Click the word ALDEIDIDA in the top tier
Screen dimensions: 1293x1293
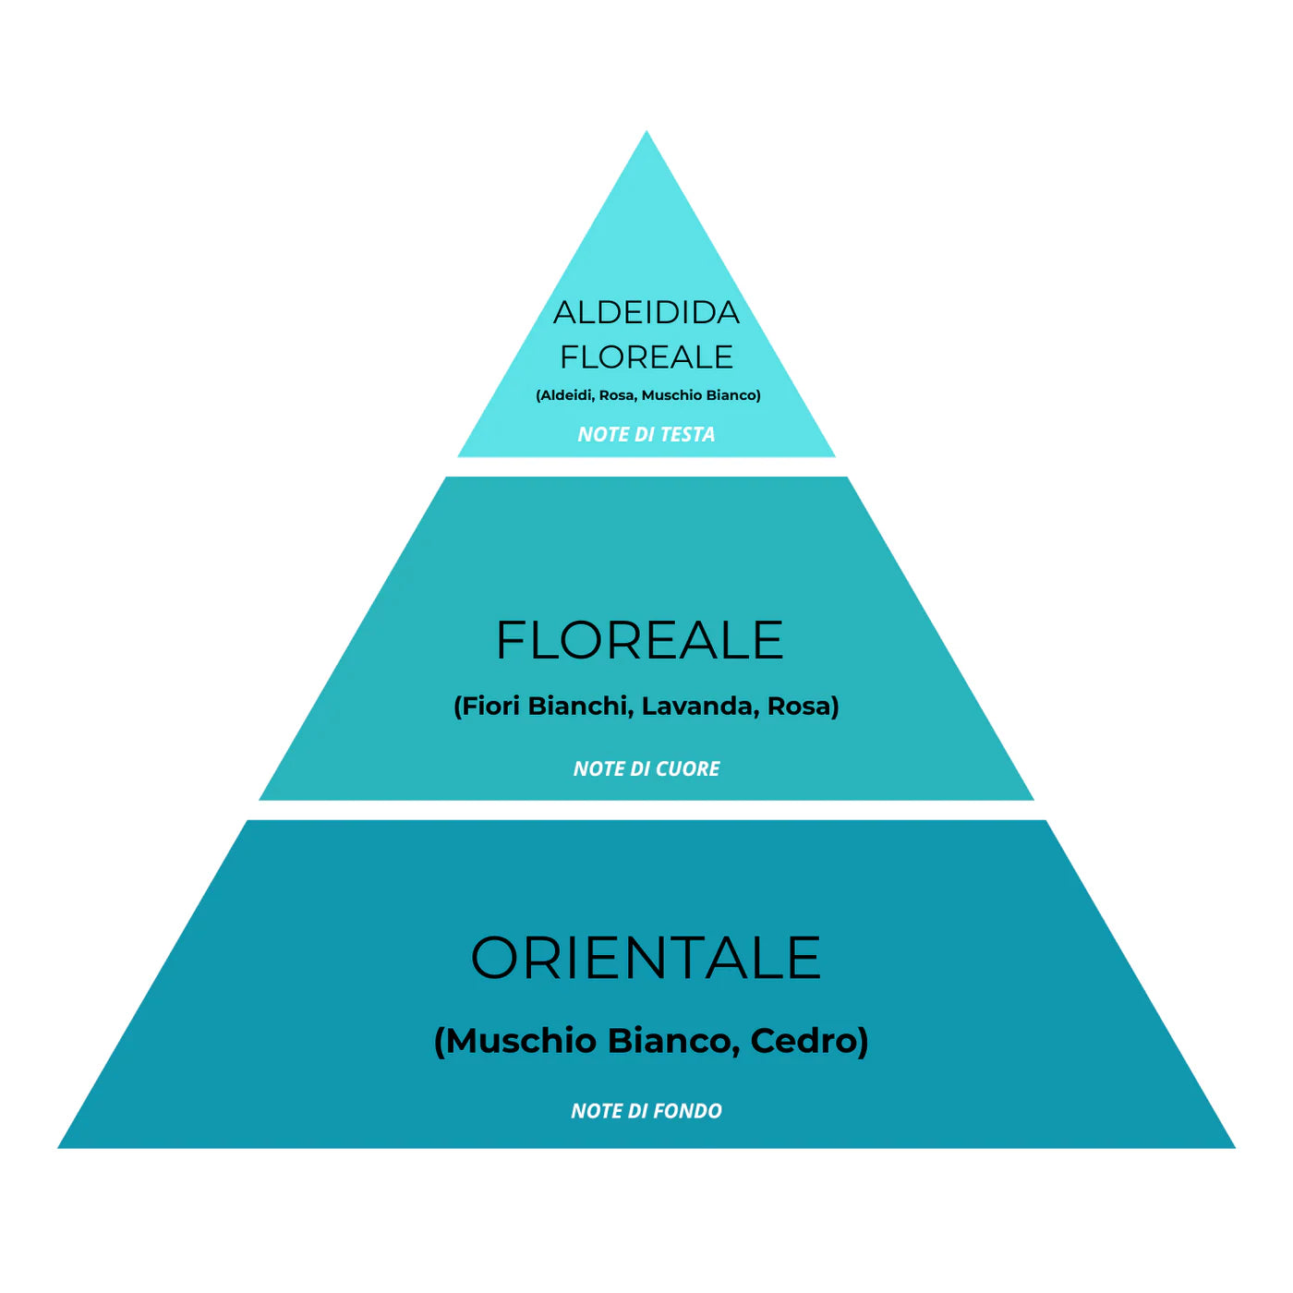[x=646, y=313]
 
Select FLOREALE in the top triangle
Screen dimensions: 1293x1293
[x=646, y=356]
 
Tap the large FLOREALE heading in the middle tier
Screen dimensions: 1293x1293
[x=639, y=640]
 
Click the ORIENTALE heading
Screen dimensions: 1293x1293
[x=646, y=958]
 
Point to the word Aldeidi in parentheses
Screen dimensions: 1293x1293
[x=566, y=395]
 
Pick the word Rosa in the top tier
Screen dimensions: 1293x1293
[x=617, y=395]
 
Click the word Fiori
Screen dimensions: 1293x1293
[x=490, y=707]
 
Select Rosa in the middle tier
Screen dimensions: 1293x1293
[x=800, y=707]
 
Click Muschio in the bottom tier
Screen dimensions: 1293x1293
[x=522, y=1041]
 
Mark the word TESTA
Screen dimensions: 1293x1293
[x=686, y=434]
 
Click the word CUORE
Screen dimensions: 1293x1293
[x=687, y=768]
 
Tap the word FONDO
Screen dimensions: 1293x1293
[x=688, y=1111]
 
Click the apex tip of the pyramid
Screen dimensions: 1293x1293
[x=646, y=133]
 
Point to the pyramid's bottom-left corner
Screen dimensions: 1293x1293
[x=60, y=1147]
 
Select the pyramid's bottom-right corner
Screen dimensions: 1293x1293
[x=1233, y=1147]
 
